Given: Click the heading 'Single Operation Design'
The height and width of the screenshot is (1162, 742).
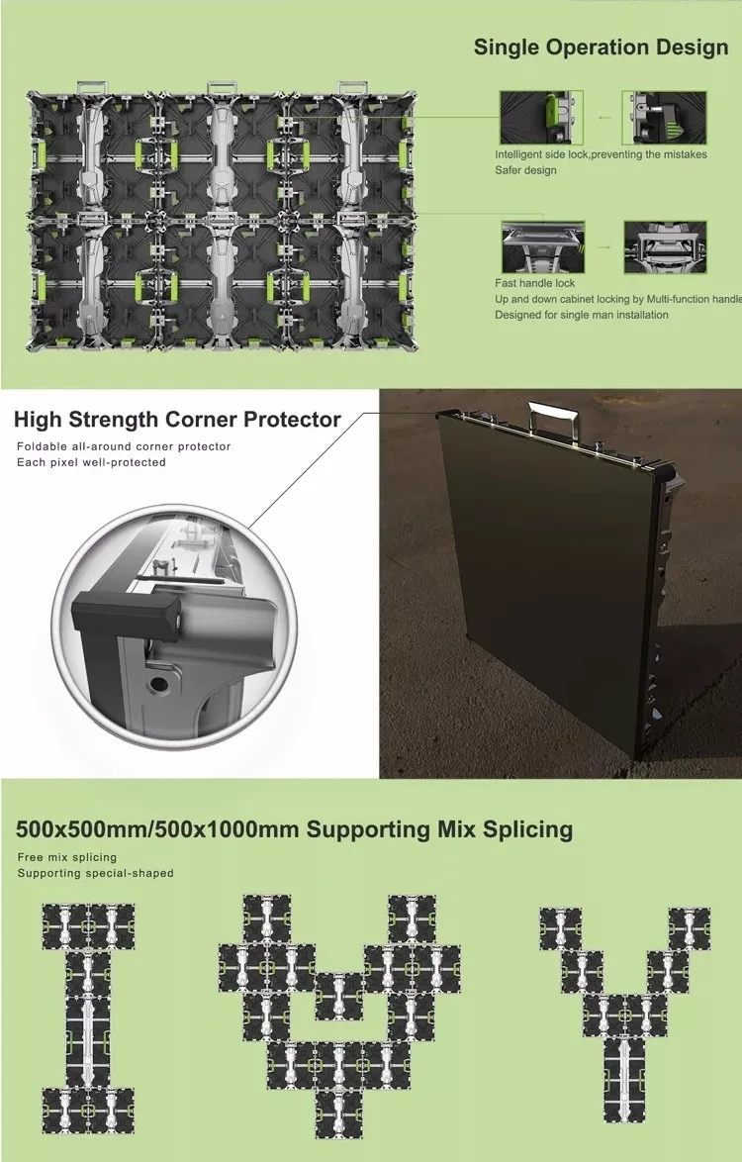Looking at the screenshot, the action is pos(601,48).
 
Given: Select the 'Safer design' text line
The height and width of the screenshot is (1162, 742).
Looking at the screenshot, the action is pos(525,170).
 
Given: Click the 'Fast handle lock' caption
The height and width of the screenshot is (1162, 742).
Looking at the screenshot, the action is pos(534,283).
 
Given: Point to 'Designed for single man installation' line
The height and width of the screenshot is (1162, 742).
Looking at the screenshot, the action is pos(582,315).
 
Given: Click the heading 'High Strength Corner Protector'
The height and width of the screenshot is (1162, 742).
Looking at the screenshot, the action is pos(177,420).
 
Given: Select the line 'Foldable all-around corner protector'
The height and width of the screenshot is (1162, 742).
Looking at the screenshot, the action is pos(124,446).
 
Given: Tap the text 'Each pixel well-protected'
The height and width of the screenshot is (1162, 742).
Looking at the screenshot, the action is pos(91,462).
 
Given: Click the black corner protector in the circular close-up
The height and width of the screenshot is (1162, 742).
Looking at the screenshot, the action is pos(126,612).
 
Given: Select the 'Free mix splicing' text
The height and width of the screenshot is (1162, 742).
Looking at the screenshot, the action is pos(67,857).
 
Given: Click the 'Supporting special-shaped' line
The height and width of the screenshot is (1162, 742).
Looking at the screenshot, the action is pos(96,873).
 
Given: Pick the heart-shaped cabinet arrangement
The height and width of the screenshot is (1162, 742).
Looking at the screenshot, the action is pos(339,1017).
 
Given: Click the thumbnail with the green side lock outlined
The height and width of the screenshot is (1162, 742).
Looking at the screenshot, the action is pos(541,117).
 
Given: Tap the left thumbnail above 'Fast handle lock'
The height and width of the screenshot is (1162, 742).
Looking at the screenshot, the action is pos(543,246).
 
